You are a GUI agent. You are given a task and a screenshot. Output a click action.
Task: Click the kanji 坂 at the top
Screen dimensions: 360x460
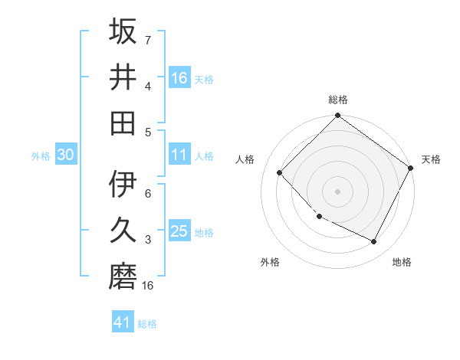tap(123, 33)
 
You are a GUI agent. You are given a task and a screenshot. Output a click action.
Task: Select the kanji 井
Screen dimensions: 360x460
tap(123, 77)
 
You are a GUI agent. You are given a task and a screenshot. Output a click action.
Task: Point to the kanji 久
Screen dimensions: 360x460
tap(123, 230)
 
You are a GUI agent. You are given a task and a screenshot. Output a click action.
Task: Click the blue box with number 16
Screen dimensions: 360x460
tap(179, 77)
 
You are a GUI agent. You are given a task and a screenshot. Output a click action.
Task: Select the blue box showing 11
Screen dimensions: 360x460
tap(179, 155)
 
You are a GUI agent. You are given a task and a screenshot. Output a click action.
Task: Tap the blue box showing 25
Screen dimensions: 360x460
tap(179, 231)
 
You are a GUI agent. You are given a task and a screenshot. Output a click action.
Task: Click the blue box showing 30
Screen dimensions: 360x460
tap(65, 155)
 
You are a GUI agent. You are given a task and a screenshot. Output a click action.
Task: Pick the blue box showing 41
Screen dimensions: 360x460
tap(123, 322)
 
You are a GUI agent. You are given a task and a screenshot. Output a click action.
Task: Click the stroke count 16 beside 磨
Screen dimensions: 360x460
tap(148, 286)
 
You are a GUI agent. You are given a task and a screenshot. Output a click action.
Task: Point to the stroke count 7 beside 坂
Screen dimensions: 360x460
tap(147, 40)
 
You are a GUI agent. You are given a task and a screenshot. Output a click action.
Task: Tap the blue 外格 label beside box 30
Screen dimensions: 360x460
tap(41, 155)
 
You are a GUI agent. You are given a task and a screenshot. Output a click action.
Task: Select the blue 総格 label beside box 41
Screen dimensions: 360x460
tap(147, 324)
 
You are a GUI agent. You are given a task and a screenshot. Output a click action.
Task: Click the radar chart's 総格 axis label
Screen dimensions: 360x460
tap(338, 100)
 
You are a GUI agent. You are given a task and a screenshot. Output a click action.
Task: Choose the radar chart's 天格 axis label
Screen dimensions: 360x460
tap(431, 159)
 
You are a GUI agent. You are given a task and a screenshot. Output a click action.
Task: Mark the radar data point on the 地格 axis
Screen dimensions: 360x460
tap(374, 242)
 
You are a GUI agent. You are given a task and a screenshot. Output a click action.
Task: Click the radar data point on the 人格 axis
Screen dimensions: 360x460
tap(280, 172)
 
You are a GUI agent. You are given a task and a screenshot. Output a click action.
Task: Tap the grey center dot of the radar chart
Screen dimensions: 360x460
tap(338, 191)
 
